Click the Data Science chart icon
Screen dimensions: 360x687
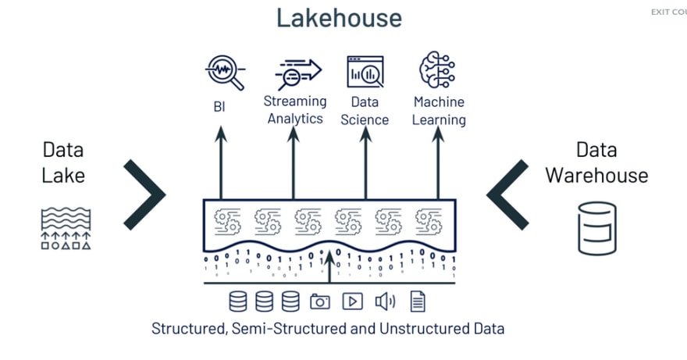tap(365, 72)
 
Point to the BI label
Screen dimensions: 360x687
tap(219, 106)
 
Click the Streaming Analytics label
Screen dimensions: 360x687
tap(295, 110)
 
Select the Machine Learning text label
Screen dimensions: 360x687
tap(440, 111)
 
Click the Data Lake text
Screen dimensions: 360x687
tap(63, 162)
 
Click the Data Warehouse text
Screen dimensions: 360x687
tap(596, 162)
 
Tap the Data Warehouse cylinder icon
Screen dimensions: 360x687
tap(596, 228)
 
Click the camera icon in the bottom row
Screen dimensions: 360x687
tap(320, 301)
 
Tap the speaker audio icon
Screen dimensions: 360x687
tap(385, 301)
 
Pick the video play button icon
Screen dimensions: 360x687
tap(352, 301)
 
